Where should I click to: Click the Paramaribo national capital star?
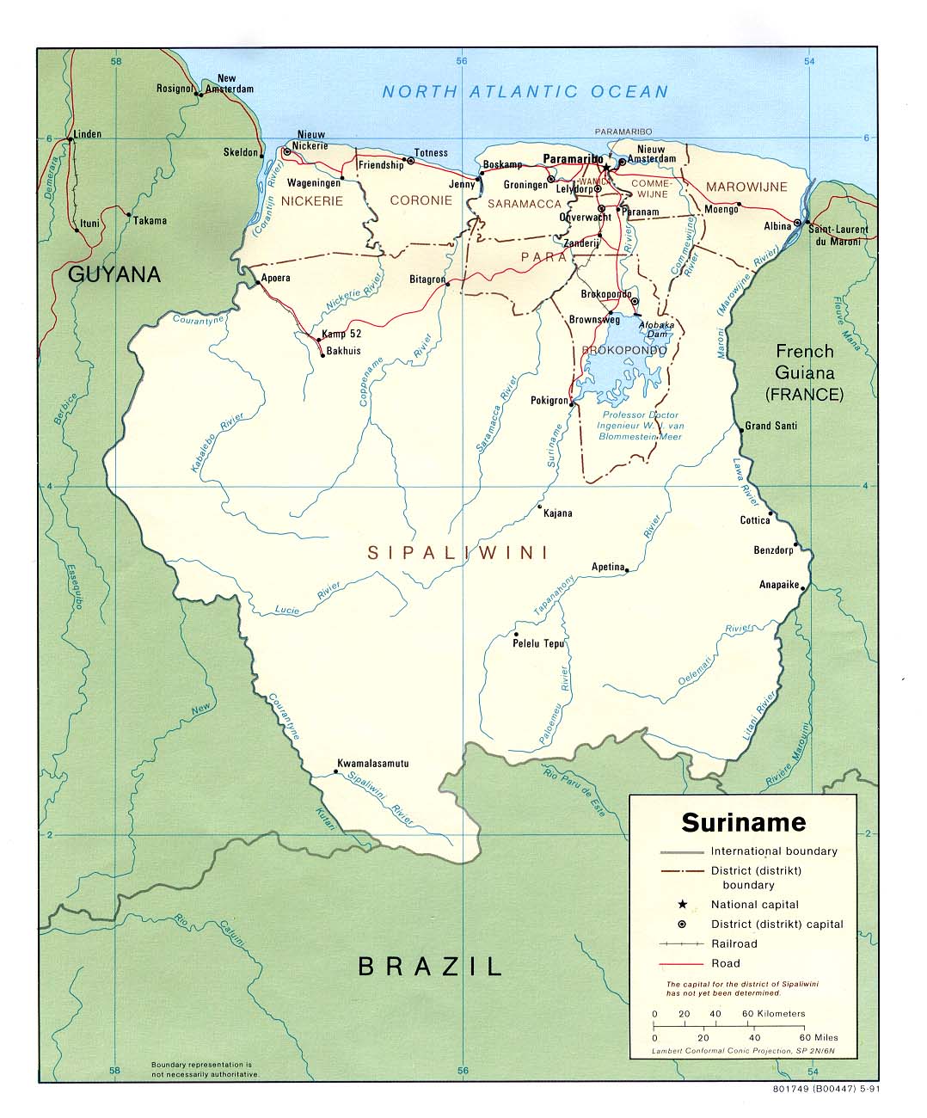tap(606, 167)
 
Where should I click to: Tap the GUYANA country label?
tap(114, 274)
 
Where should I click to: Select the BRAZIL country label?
tap(430, 966)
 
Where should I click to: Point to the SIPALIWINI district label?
tap(457, 553)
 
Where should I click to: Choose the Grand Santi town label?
tap(770, 426)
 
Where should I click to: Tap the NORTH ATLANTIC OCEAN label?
tap(525, 92)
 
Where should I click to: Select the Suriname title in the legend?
tap(743, 822)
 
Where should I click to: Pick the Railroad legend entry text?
tap(734, 943)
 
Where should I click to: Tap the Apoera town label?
tap(276, 278)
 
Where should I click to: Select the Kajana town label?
tap(557, 513)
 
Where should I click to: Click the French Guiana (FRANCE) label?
tap(805, 372)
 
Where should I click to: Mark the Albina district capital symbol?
tap(798, 224)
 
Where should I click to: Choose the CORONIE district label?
tap(421, 200)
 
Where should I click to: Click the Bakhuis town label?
tap(341, 351)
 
